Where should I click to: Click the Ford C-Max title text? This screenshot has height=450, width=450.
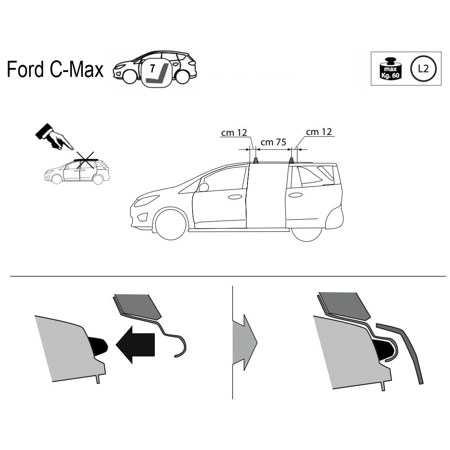tap(55, 69)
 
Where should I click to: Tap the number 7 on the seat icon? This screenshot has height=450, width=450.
tap(153, 68)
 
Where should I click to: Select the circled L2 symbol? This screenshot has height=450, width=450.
tap(423, 68)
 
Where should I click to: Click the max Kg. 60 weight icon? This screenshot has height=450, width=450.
tap(390, 69)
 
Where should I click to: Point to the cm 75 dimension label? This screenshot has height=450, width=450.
tap(273, 142)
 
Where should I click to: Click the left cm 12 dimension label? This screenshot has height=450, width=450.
tap(234, 133)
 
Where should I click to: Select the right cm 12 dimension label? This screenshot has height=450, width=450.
tap(319, 132)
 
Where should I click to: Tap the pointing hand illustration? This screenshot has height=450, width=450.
tap(54, 137)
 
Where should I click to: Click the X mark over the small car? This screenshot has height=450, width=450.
tap(85, 160)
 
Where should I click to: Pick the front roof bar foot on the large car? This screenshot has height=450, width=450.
tap(256, 161)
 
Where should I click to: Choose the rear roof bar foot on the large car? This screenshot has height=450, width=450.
tap(291, 161)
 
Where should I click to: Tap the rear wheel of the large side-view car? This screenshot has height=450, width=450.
tap(306, 234)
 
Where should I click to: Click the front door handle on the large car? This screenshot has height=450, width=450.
tap(235, 197)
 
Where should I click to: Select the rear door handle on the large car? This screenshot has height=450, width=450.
tap(296, 195)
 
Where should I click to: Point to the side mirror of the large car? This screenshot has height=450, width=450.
tap(203, 187)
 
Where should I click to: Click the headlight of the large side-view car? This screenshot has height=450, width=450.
tap(146, 201)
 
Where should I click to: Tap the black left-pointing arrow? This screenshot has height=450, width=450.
tap(135, 344)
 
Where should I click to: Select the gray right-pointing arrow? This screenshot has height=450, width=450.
tap(244, 342)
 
